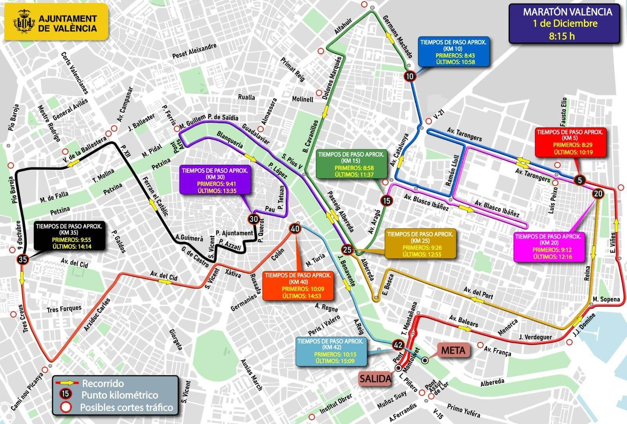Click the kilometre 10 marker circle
pos(410,76)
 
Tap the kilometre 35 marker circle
pos(22,259)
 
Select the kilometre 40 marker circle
pos(295,229)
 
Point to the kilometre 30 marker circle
pos(254,219)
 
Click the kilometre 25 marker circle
pos(347,249)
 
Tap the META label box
pos(453,350)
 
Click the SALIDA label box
pos(376,379)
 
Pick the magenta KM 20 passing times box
pos(548,247)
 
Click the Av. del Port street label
pos(478,292)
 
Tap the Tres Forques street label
pos(64,309)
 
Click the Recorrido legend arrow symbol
pos(67,383)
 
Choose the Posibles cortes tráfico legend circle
pos(66,407)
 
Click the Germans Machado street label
pos(397,36)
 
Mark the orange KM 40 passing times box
pos(298,286)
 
